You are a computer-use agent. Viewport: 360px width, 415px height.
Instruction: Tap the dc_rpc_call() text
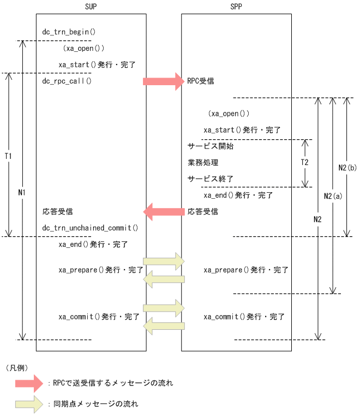(x=67, y=81)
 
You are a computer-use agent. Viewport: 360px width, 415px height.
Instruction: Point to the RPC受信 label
(x=200, y=81)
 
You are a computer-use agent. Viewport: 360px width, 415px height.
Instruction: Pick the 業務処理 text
(x=202, y=163)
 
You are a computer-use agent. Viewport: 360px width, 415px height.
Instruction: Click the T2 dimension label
(x=304, y=163)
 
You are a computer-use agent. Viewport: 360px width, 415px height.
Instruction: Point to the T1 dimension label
(x=8, y=156)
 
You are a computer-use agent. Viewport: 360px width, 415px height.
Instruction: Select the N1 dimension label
(x=21, y=192)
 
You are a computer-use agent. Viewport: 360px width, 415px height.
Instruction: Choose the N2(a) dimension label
(x=332, y=195)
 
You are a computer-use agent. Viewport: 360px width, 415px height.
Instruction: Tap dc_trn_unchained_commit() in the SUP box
(x=90, y=228)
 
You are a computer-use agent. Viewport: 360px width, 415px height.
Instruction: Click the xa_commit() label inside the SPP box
(x=244, y=317)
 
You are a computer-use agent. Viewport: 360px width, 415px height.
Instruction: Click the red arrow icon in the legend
(x=29, y=383)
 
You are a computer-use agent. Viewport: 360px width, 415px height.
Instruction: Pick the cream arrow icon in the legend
(x=29, y=404)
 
